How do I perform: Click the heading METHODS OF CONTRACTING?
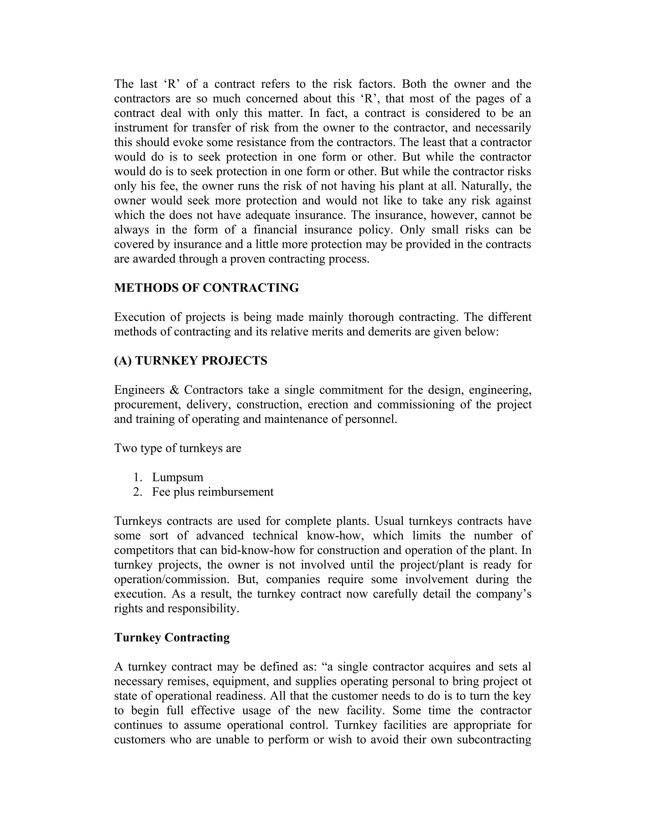[x=206, y=288]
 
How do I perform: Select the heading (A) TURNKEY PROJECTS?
[x=191, y=361]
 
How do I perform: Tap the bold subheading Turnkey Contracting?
[x=172, y=637]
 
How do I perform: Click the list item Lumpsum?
[x=178, y=477]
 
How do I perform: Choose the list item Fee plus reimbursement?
[x=213, y=492]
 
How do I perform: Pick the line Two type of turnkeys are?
[x=178, y=448]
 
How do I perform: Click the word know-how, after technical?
[x=334, y=536]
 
